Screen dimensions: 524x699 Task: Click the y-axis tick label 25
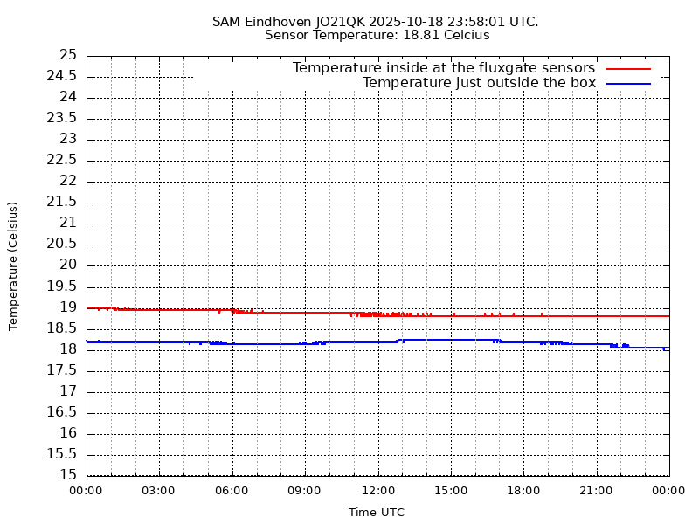tap(68, 55)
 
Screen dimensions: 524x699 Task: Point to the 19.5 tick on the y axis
tap(62, 286)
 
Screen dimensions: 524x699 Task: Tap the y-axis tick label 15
tap(68, 475)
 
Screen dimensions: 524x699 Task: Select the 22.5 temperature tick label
tap(62, 160)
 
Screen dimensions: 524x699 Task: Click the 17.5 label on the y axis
tap(62, 370)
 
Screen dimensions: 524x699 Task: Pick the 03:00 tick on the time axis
tap(158, 491)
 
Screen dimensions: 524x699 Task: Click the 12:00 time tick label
tap(377, 491)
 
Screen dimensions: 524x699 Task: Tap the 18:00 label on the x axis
tap(523, 491)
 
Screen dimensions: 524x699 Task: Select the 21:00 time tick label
tap(596, 491)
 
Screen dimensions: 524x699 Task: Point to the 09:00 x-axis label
tap(304, 491)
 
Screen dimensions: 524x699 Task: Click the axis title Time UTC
tap(377, 513)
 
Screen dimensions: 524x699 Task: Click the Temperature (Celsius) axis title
tap(13, 265)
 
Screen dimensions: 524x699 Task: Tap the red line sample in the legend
tap(629, 68)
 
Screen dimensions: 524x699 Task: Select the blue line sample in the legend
tap(629, 83)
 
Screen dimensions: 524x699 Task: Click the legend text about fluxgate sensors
tap(443, 68)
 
